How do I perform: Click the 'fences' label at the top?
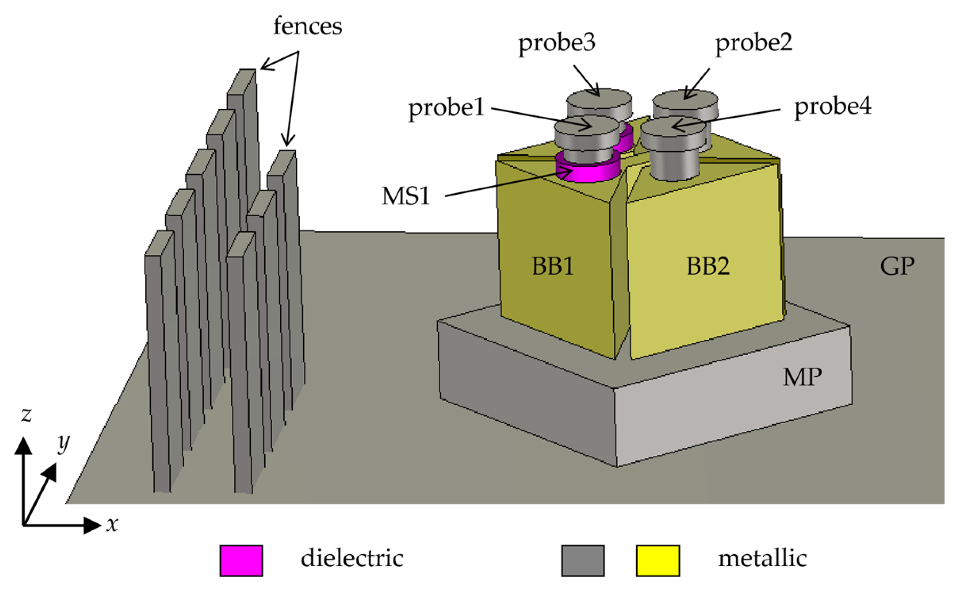coord(308,26)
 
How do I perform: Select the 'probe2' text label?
coord(753,43)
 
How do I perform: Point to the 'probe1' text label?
coord(446,108)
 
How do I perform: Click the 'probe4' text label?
coord(833,106)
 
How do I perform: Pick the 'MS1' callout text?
coord(405,196)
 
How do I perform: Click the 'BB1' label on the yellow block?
coord(552,266)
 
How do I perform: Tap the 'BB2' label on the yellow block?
coord(708,266)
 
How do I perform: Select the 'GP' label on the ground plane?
coord(897,266)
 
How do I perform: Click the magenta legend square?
coord(241,560)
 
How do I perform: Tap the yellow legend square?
coord(657,560)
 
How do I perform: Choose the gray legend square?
coord(583,560)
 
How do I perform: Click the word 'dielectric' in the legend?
coord(352,558)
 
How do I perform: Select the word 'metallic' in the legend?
coord(762,558)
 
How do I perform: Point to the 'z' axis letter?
coord(26,414)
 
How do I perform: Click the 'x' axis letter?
coord(112,524)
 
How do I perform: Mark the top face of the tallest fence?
coord(242,81)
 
